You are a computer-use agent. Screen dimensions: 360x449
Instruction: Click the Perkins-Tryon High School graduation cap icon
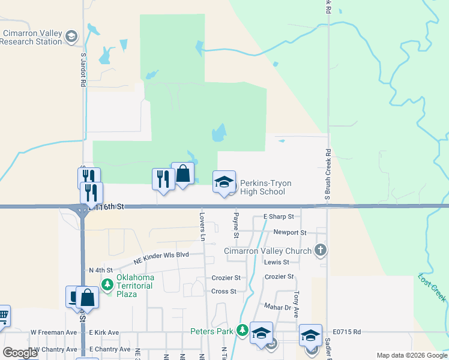tap(224, 182)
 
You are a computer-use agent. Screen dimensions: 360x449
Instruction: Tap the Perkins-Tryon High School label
tap(262, 187)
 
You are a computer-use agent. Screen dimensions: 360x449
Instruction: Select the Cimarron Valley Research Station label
tap(31, 37)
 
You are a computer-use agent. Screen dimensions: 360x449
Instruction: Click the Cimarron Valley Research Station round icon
tap(71, 37)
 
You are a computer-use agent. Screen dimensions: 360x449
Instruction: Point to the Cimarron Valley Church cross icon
tap(321, 250)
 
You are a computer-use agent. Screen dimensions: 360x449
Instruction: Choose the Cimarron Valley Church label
tap(268, 251)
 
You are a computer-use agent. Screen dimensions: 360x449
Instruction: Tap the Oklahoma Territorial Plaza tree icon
tap(107, 284)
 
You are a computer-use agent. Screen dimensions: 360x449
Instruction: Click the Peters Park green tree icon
tap(242, 330)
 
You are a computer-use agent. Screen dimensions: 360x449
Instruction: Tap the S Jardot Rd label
tap(83, 70)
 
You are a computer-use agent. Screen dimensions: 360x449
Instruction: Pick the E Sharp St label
tap(279, 217)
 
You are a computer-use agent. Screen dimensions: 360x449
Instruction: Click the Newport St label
tap(290, 232)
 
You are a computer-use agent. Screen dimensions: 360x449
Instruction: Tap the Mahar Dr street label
tap(277, 307)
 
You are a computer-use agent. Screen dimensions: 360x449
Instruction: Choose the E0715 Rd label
tap(348, 331)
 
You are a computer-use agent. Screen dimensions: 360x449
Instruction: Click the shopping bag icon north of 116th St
tap(182, 175)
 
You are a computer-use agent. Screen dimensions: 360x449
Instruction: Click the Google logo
tap(20, 352)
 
